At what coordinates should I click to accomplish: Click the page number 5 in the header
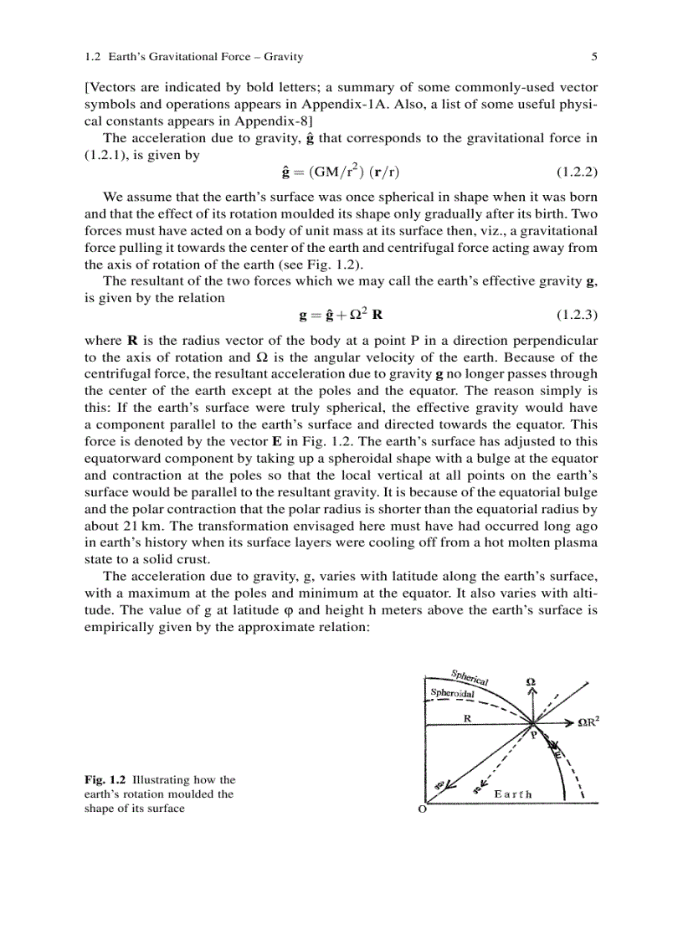[593, 57]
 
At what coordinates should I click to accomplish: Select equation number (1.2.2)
[577, 172]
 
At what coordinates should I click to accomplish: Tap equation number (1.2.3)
[577, 316]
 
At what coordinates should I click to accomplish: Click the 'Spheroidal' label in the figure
[453, 694]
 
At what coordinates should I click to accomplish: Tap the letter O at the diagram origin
[421, 810]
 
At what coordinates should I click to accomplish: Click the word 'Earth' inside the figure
[513, 794]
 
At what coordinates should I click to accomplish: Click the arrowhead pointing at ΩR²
[569, 721]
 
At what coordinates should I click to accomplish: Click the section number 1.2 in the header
[93, 57]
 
